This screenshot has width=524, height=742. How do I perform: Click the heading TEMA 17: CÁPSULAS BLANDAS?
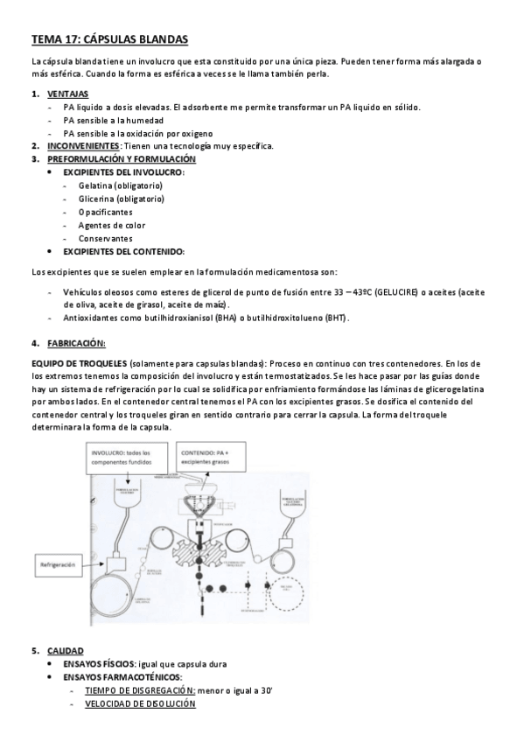pyautogui.click(x=108, y=39)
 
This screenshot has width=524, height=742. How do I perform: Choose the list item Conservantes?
pyautogui.click(x=105, y=238)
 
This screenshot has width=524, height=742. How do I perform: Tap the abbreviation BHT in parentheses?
pyautogui.click(x=334, y=318)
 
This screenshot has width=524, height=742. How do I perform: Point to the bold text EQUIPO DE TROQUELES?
pyautogui.click(x=78, y=362)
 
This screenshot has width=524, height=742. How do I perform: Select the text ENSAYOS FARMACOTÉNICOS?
pyautogui.click(x=122, y=677)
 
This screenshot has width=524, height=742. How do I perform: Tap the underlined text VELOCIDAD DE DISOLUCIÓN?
pyautogui.click(x=140, y=703)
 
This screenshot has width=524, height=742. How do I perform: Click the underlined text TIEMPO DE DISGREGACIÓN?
pyautogui.click(x=140, y=690)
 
